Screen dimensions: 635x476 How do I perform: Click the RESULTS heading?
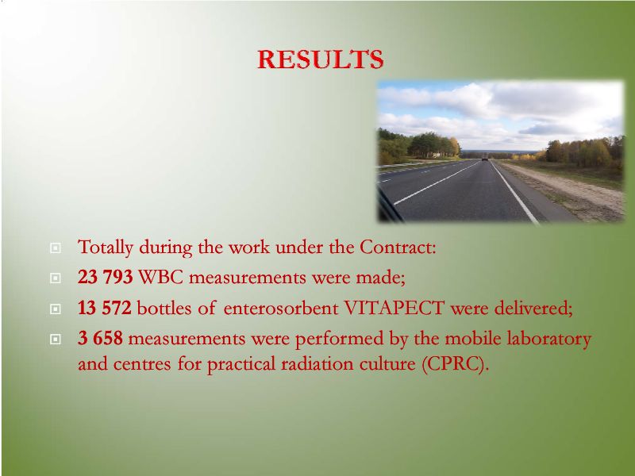point(321,59)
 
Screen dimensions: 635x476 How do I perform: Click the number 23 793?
point(106,277)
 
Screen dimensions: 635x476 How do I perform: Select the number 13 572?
point(105,308)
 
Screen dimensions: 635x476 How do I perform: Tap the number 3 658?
point(100,339)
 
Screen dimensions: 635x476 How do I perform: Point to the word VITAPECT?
point(394,308)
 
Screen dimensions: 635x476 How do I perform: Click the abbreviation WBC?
point(161,277)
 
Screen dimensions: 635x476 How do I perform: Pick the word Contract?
point(397,247)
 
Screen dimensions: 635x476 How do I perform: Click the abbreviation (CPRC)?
point(455,364)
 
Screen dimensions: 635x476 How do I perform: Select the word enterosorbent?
point(281,309)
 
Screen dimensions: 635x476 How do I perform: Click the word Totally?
point(106,248)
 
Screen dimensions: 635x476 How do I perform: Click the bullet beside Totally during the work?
point(56,248)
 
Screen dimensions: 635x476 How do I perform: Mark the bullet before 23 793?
point(56,278)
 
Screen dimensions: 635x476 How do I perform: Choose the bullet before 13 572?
point(56,309)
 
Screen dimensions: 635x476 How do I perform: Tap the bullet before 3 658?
point(56,340)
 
